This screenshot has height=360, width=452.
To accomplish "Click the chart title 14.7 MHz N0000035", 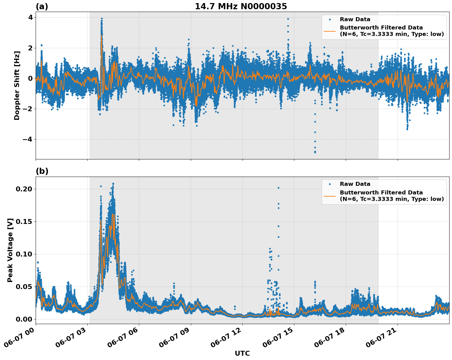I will [241, 6].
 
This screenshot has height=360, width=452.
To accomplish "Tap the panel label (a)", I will [42, 6].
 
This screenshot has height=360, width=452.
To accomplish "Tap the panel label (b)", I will [42, 171].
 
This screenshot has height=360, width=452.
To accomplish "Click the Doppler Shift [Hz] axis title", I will [17, 85].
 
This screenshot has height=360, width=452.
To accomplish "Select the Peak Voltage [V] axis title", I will [10, 250].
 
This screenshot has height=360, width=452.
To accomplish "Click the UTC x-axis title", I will [242, 354].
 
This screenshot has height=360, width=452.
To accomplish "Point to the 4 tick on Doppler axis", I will [30, 17].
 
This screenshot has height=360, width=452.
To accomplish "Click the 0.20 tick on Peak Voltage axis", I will [24, 189].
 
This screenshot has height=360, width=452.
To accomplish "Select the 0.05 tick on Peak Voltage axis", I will [24, 287].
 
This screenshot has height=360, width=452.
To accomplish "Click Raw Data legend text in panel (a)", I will [355, 20].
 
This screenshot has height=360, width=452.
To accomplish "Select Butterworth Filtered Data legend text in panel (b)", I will [381, 193].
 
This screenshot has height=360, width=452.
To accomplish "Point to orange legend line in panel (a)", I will [330, 31].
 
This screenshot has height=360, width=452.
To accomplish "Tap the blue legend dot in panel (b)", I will [330, 184].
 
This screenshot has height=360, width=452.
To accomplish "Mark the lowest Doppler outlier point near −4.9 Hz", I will [315, 152].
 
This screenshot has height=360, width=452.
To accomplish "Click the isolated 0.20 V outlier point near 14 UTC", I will [278, 188].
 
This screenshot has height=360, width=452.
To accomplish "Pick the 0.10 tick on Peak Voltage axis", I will [24, 254].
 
